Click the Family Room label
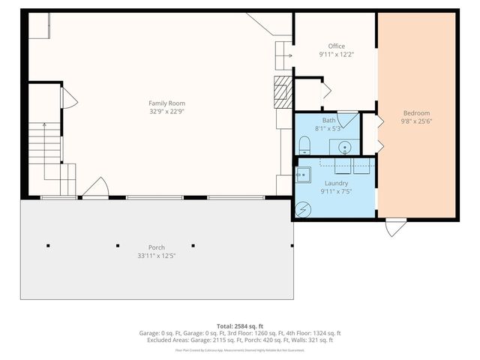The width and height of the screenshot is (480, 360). point(166,103)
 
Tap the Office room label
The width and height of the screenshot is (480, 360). point(337,46)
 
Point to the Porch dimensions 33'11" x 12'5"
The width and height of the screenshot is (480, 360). point(157,256)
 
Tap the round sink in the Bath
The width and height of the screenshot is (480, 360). point(345,147)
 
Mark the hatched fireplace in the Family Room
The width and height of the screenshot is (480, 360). point(282,88)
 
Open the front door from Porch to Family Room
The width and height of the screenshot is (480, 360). point(95,190)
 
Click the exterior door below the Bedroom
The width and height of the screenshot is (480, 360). point(395,227)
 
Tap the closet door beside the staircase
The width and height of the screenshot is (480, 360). point(67,97)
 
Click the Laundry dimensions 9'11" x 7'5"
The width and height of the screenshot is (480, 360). point(337,191)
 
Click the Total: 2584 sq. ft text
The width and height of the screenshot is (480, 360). point(239,326)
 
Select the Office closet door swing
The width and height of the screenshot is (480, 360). point(325,92)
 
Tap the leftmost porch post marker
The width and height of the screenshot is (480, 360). point(48,245)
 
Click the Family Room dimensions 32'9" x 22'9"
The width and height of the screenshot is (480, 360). point(166,112)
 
